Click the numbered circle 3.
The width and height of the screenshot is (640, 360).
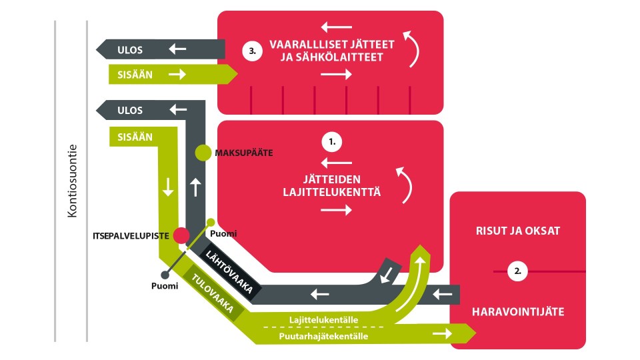[x=252, y=51]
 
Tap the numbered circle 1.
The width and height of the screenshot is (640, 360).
[x=332, y=142]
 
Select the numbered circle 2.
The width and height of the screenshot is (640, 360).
[x=517, y=271]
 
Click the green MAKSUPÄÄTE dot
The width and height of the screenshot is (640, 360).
[x=203, y=153]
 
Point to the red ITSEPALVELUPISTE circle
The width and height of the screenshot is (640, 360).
[x=181, y=235]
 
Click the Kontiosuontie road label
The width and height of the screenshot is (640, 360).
[x=72, y=181]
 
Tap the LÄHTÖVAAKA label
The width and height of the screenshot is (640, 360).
[x=229, y=272]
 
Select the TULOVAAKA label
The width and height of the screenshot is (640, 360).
[x=213, y=293]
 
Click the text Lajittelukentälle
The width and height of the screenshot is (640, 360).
[x=324, y=319]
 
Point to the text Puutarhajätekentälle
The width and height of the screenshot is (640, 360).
[x=323, y=336]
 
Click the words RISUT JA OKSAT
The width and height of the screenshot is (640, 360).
[x=517, y=231]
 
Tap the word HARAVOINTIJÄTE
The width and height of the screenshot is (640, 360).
[x=518, y=312]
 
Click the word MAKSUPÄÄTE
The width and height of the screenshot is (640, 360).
[x=244, y=153]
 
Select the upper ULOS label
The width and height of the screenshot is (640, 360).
[x=130, y=50]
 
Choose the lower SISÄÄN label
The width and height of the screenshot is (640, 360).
[x=135, y=137]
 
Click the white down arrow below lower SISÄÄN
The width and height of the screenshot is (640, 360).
[x=168, y=187]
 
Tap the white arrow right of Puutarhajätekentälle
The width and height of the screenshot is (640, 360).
[x=443, y=333]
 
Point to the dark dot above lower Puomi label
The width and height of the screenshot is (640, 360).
[x=165, y=275]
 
